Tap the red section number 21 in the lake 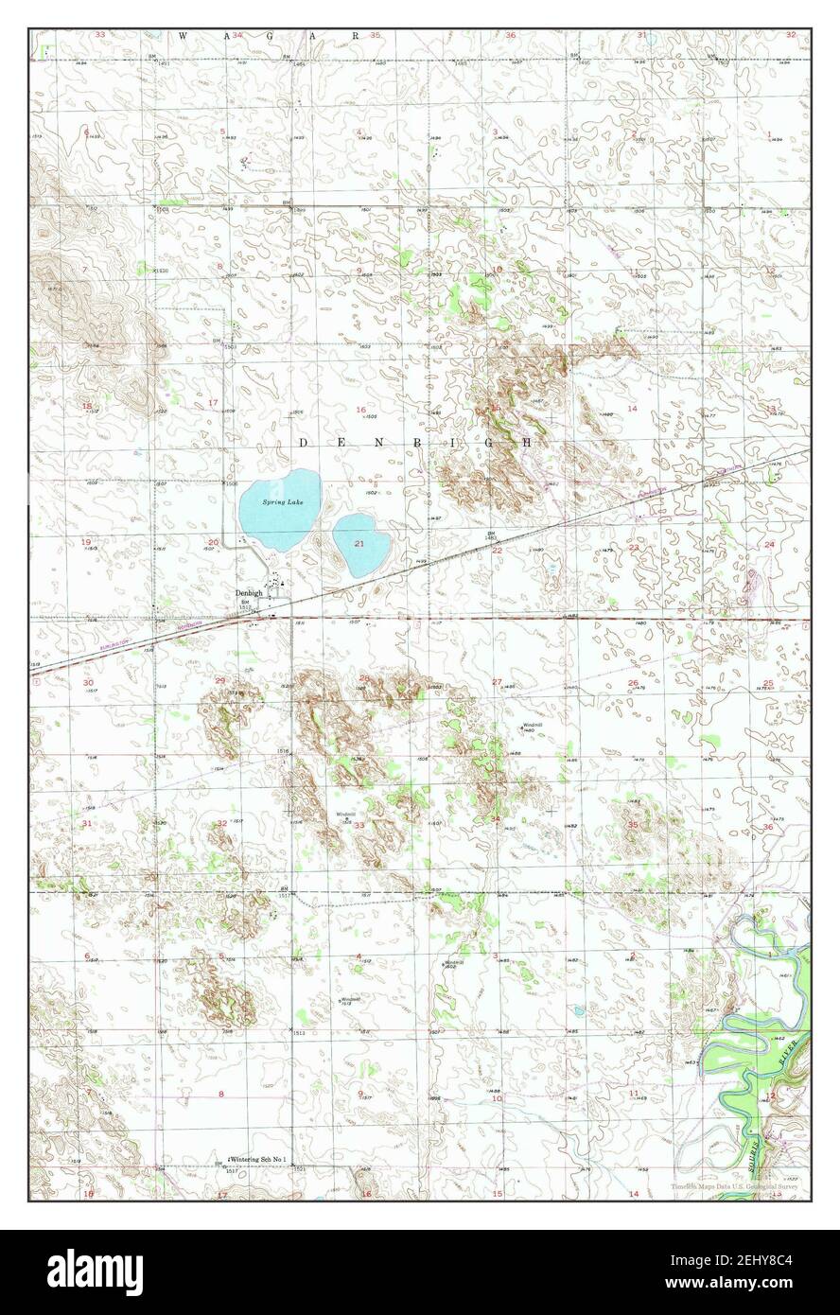click(359, 544)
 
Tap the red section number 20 click(213, 542)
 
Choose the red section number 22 click(497, 550)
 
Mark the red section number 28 click(363, 678)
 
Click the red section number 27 click(497, 682)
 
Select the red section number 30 click(88, 682)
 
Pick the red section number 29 click(220, 680)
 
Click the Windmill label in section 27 click(532, 725)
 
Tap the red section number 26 click(632, 682)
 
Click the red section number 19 click(86, 542)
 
